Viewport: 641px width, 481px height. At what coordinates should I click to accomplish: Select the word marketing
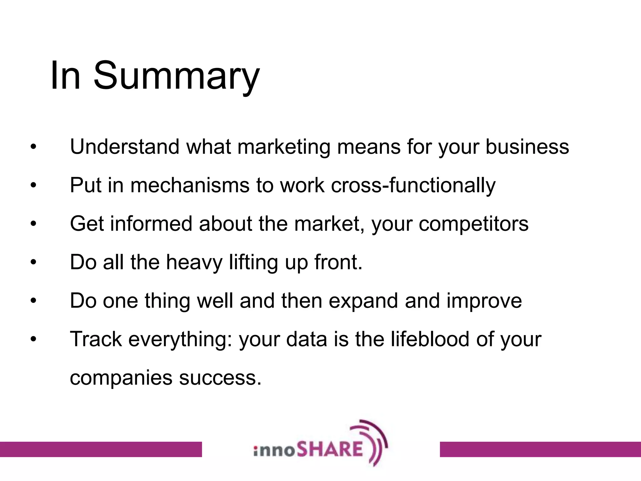pos(284,147)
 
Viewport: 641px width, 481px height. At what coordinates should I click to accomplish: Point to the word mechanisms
pos(190,185)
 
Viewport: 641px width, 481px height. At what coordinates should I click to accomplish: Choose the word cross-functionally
pos(413,185)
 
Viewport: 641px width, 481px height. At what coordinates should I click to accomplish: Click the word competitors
pos(473,224)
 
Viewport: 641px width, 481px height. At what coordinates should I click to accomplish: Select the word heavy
pos(194,262)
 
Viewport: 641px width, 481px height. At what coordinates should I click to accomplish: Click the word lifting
pos(253,262)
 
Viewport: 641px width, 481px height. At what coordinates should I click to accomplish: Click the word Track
pos(96,339)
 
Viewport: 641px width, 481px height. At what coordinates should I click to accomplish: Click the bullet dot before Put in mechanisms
pos(33,185)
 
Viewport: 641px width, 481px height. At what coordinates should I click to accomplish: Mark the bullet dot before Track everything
pos(33,339)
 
